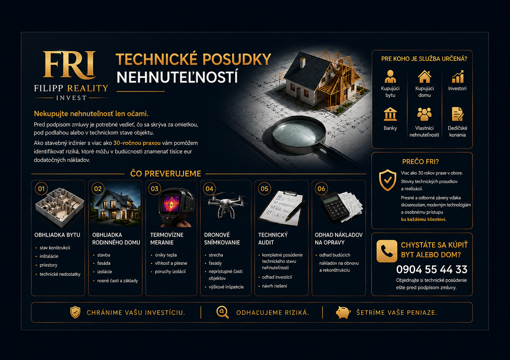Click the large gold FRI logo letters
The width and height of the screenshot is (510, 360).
coord(69,65)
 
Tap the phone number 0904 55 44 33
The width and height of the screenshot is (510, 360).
coord(432,269)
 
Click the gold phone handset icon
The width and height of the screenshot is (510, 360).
coord(387,251)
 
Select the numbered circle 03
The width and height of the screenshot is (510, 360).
coord(155,189)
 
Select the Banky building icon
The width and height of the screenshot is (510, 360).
coord(390,114)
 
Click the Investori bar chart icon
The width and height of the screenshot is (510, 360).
coord(458,77)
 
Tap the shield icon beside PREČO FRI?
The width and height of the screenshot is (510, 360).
coord(388,180)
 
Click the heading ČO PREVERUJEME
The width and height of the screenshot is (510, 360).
coord(165,174)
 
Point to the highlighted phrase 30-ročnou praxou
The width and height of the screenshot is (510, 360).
coord(137,143)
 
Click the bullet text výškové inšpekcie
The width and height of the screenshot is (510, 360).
coord(226,287)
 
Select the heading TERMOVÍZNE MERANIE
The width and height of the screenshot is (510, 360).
coord(167,238)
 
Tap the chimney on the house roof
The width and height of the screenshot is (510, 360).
coord(303,63)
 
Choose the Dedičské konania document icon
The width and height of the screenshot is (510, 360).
coord(457,114)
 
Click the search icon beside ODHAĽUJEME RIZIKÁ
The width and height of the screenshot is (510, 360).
coord(223,312)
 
